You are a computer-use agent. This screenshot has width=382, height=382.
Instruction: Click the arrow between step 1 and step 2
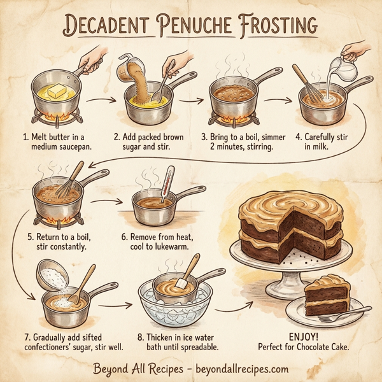pyautogui.click(x=101, y=100)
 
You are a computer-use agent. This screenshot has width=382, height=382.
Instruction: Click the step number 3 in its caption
pyautogui.click(x=204, y=136)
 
